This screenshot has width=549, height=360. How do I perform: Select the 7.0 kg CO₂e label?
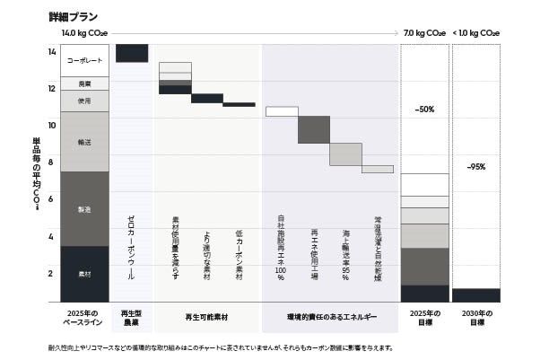424,33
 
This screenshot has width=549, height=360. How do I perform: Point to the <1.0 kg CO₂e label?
476,33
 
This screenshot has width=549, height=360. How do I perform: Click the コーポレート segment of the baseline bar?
84,60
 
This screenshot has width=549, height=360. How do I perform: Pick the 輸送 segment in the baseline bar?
84,141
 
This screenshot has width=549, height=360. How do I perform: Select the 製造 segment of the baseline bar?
84,209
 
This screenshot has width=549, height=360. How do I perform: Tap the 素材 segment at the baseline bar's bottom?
84,273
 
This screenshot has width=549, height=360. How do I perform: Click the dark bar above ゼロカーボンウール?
132,53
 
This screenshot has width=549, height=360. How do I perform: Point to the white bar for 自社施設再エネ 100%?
282,111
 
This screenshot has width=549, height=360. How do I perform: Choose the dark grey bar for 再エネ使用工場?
313,129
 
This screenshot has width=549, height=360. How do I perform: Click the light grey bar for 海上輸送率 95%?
345,154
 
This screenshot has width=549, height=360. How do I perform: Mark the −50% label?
424,109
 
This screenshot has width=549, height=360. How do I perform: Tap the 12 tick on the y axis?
51,88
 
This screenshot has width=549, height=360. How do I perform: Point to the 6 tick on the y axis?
51,199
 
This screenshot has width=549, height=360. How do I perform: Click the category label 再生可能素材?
207,317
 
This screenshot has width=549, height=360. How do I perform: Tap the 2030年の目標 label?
476,318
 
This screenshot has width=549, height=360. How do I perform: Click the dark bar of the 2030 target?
476,294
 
